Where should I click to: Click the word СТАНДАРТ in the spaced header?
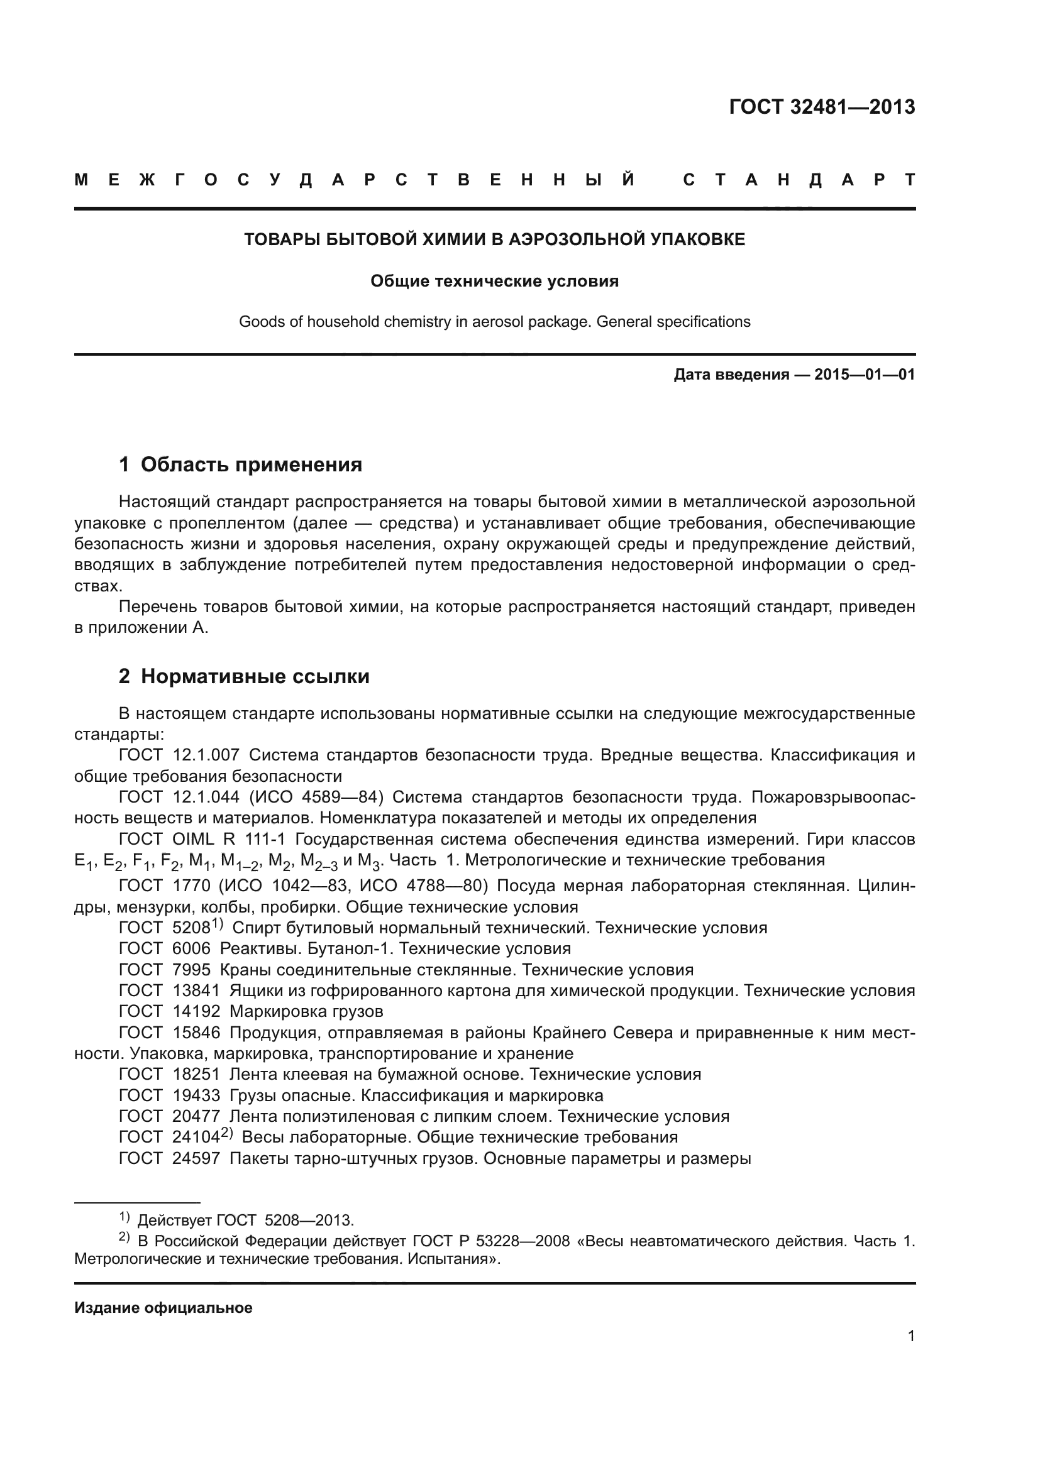(799, 180)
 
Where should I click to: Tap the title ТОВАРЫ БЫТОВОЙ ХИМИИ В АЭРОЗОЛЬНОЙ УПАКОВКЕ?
(494, 239)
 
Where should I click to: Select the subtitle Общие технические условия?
(494, 281)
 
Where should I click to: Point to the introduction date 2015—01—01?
(864, 375)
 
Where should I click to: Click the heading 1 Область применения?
(240, 464)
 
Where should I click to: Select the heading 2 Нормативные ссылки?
(244, 676)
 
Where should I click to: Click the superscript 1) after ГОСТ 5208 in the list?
(218, 924)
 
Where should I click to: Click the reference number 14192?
(196, 1012)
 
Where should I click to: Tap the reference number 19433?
(196, 1095)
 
